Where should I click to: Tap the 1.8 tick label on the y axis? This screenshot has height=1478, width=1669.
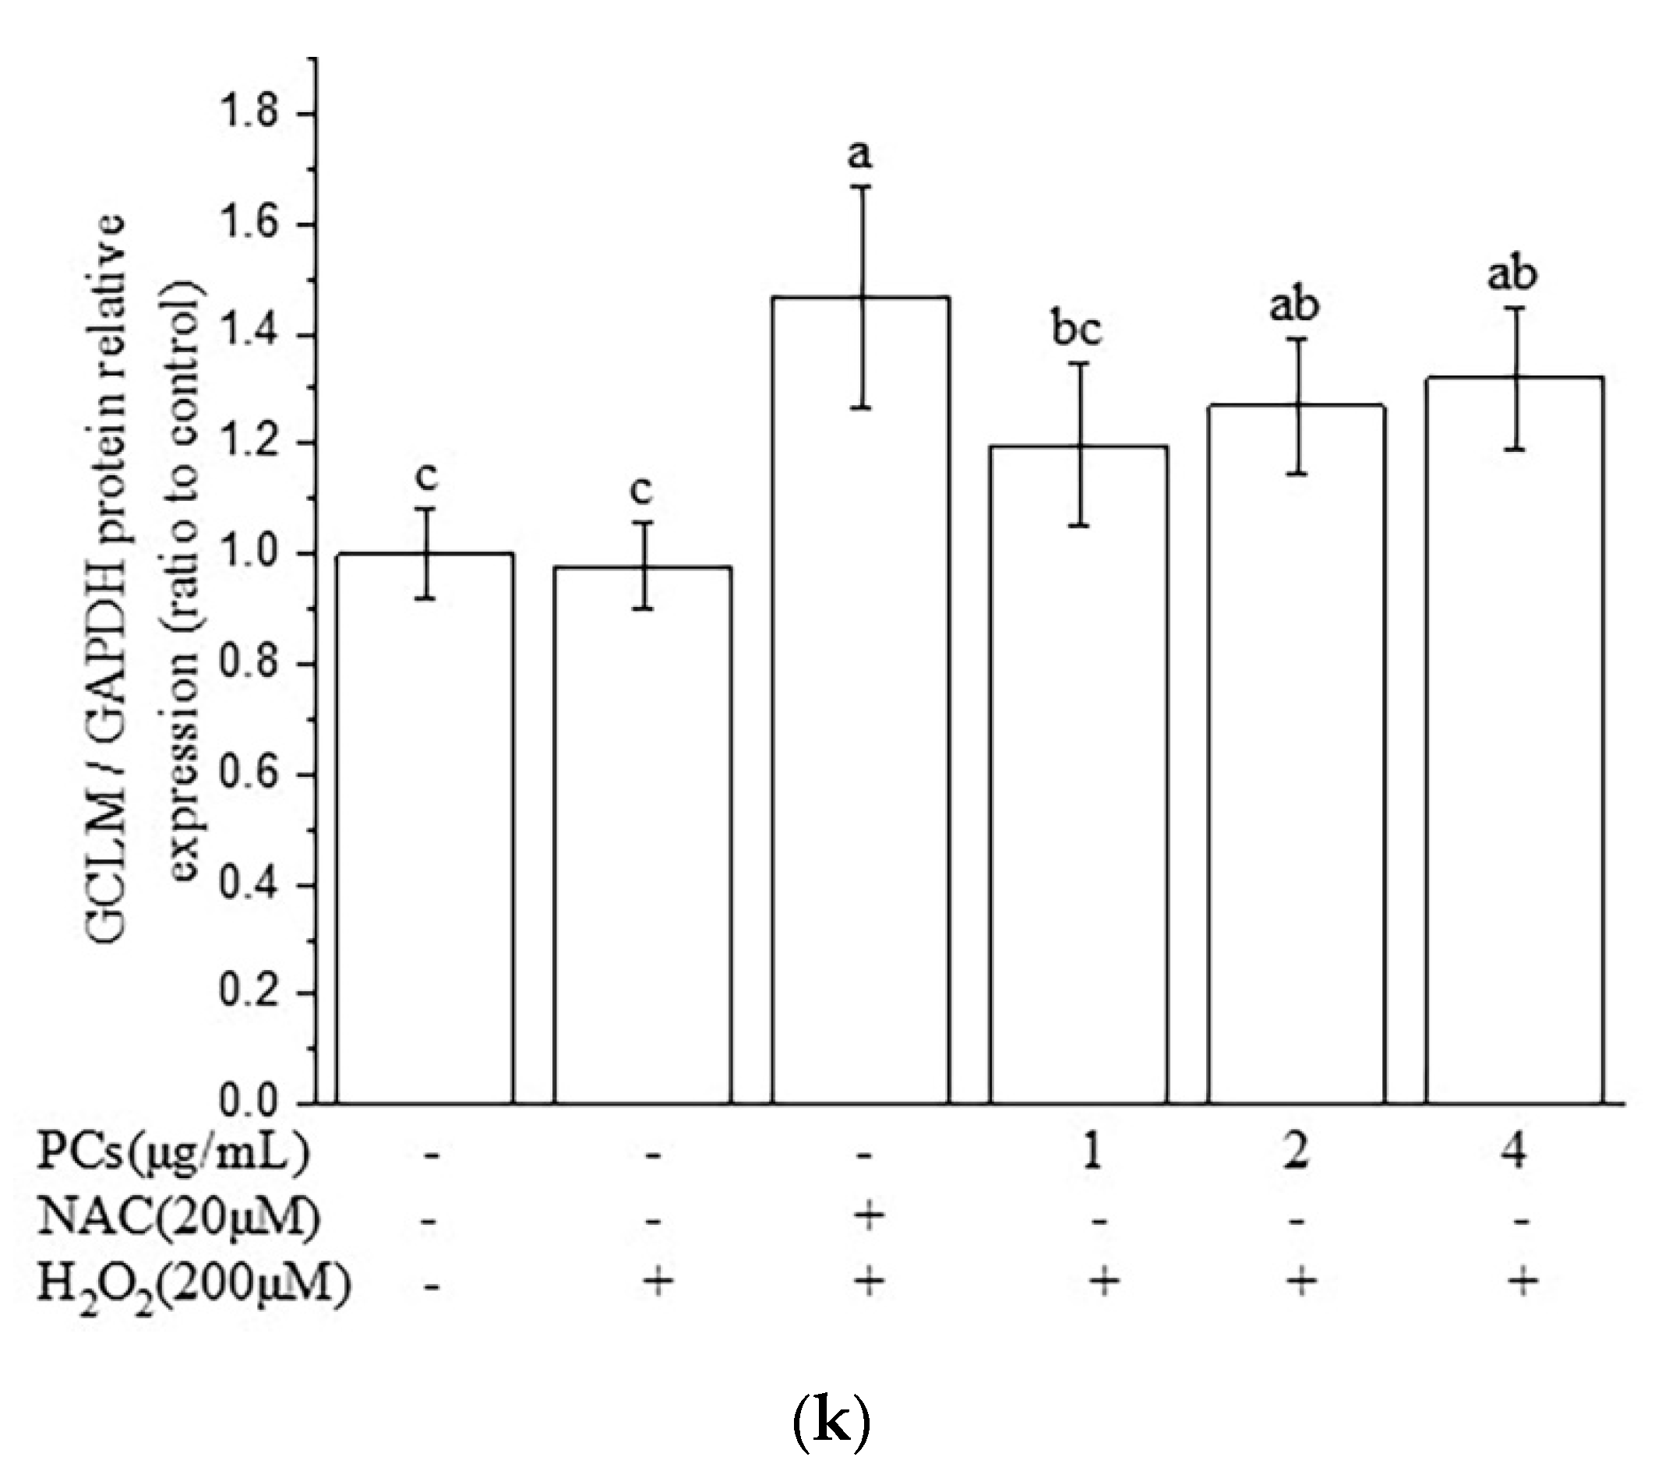pos(250,114)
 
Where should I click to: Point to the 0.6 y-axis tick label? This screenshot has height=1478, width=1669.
pos(250,774)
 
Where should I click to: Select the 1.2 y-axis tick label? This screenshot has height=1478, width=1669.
pos(250,443)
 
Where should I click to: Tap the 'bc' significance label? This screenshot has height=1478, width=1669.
pos(1076,330)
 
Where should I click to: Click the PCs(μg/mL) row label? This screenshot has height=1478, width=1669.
pos(174,1152)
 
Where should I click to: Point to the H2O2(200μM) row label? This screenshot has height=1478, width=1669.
pos(194,1285)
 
